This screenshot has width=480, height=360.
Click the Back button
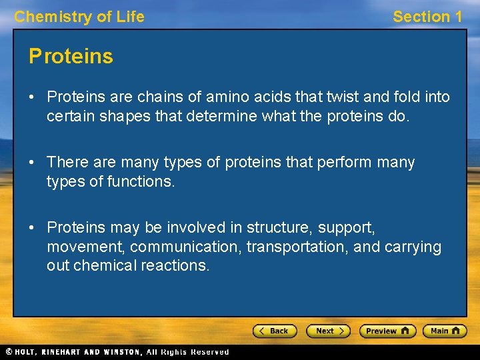pos(274,331)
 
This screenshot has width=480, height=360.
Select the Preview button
pos(387,331)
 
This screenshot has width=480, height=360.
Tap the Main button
pos(445,331)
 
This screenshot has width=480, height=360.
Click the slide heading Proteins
pos(71,57)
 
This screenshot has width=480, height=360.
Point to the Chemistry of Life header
pos(79,17)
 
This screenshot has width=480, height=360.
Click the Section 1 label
pos(427,17)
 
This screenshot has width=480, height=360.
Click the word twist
pos(344,97)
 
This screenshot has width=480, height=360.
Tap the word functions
pos(141,181)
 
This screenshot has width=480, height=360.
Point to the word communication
pos(186,247)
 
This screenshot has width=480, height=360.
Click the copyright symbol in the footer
pos(9,352)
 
